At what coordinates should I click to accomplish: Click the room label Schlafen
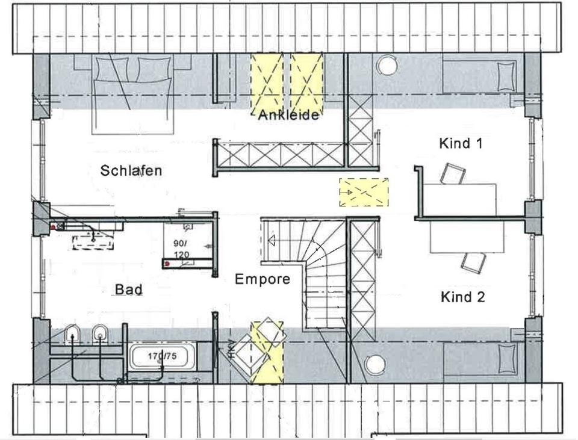pyautogui.click(x=131, y=170)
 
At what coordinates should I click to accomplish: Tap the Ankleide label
pyautogui.click(x=288, y=116)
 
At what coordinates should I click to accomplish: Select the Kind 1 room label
pyautogui.click(x=461, y=143)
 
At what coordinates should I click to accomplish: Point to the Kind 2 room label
pyautogui.click(x=462, y=297)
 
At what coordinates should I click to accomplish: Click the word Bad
pyautogui.click(x=129, y=290)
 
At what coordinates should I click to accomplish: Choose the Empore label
pyautogui.click(x=262, y=279)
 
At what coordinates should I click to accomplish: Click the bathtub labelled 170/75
pyautogui.click(x=163, y=357)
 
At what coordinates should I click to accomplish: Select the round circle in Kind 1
pyautogui.click(x=386, y=64)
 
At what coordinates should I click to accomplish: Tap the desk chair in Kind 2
pyautogui.click(x=474, y=262)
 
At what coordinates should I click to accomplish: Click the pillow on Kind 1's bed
pyautogui.click(x=506, y=75)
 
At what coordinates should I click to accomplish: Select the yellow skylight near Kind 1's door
pyautogui.click(x=364, y=192)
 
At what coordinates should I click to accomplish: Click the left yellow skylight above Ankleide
pyautogui.click(x=267, y=82)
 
